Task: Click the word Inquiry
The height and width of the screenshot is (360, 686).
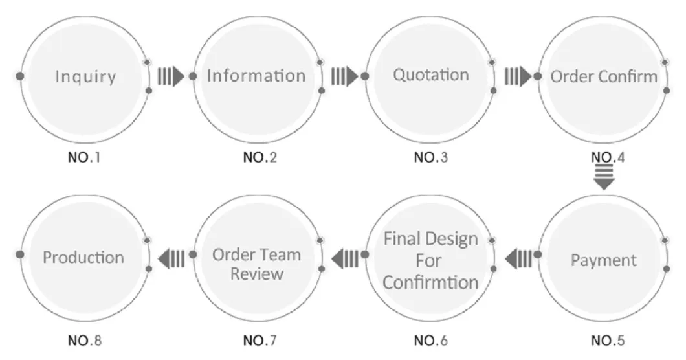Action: click(85, 77)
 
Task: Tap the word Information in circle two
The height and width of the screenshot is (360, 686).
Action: click(256, 76)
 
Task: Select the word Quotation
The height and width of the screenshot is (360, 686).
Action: click(430, 75)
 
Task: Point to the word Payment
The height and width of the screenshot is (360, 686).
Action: click(603, 261)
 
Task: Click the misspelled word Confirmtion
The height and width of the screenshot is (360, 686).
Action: click(430, 282)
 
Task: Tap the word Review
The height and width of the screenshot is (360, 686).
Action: click(257, 273)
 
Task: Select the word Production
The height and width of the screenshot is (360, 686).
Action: click(83, 257)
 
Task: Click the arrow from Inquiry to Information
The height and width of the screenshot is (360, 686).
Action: click(171, 76)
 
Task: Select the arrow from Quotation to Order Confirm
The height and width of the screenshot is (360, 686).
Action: click(518, 76)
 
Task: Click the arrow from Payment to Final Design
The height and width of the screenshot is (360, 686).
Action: click(518, 259)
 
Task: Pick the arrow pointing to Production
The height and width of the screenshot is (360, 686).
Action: click(171, 259)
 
